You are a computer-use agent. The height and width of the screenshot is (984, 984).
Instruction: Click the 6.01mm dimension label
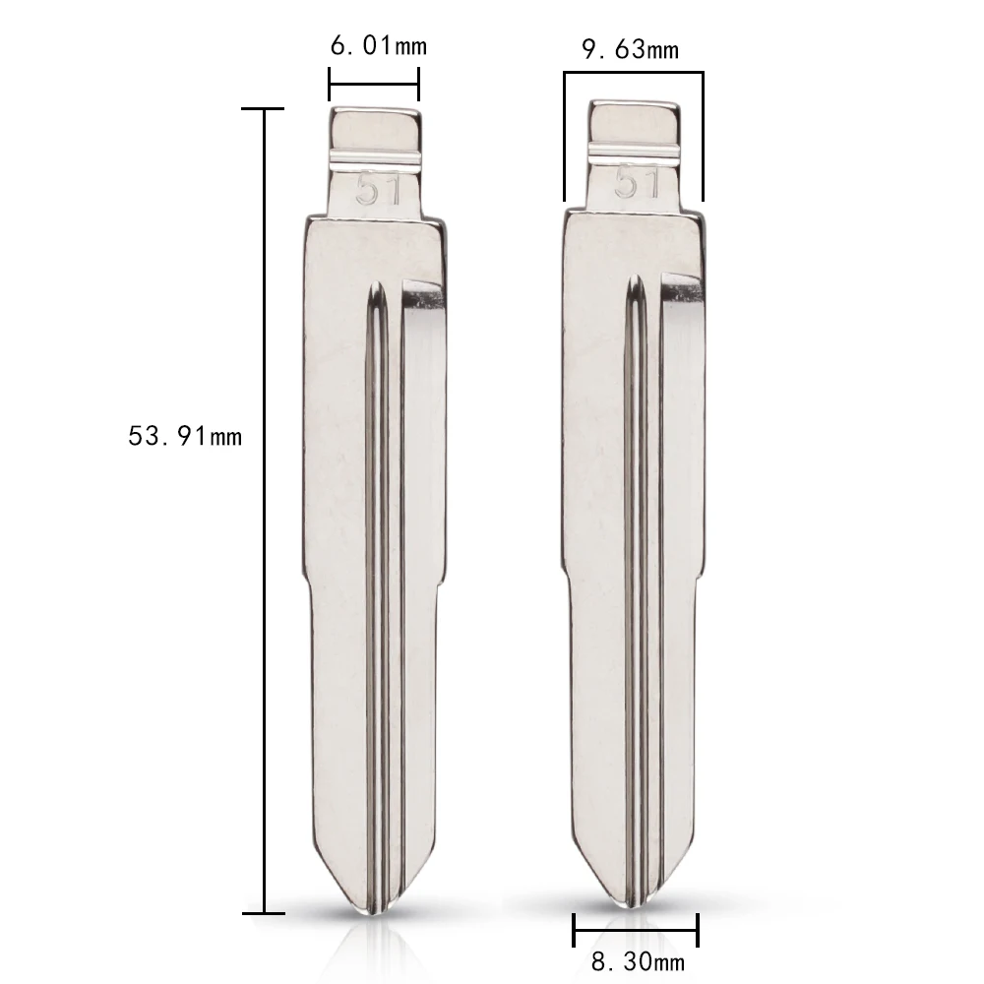click(379, 46)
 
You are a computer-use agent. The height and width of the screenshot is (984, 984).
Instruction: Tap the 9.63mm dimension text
click(630, 49)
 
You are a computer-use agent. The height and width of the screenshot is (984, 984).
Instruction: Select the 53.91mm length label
click(185, 436)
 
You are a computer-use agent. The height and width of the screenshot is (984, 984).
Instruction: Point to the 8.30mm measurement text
click(638, 960)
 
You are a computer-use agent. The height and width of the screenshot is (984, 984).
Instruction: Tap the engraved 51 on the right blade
click(637, 183)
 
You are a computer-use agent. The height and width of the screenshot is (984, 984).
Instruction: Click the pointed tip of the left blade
click(375, 914)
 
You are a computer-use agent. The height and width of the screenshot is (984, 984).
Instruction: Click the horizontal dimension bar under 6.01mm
click(374, 84)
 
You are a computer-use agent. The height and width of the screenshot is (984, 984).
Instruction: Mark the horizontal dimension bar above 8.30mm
click(636, 930)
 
